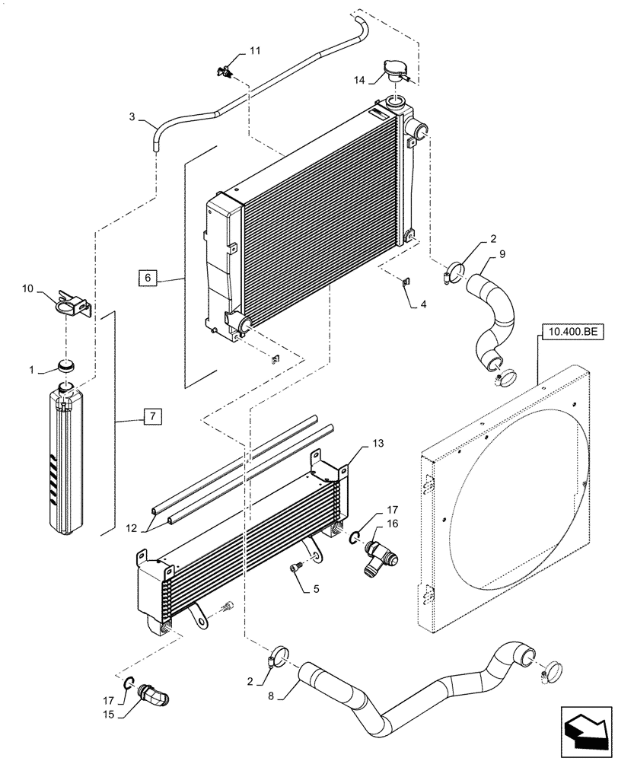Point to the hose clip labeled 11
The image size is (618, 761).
pyautogui.click(x=225, y=72)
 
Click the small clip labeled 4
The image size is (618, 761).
pyautogui.click(x=406, y=284)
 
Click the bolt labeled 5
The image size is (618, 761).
pyautogui.click(x=298, y=568)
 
